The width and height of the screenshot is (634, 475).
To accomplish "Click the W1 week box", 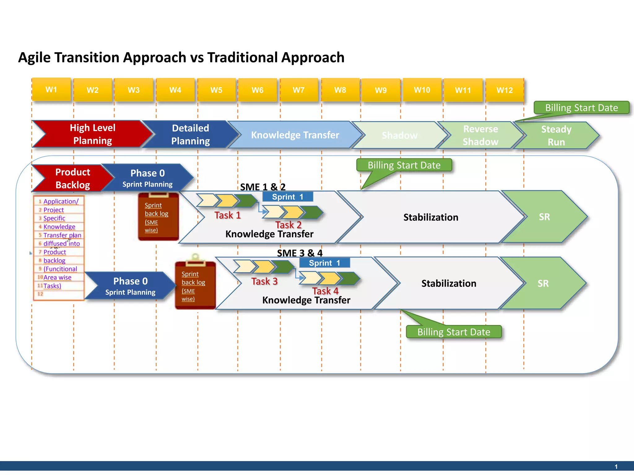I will (51, 90).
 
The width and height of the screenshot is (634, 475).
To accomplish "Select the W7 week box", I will (299, 90).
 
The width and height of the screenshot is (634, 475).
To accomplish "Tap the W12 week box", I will (505, 90).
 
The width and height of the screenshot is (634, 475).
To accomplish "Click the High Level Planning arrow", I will (92, 134).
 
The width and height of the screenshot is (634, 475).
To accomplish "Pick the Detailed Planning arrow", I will (190, 135).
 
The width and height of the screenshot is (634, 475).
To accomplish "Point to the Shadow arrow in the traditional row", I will (399, 135).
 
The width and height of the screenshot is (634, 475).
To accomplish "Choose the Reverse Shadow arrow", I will (480, 135).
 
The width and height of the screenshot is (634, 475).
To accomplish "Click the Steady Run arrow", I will (556, 135).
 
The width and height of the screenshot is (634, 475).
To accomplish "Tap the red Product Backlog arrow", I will (72, 178).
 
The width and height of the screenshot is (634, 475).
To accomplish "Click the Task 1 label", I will (228, 215).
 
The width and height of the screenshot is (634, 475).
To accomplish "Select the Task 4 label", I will (325, 291).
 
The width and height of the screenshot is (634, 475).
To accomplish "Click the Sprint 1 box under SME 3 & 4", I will (324, 263).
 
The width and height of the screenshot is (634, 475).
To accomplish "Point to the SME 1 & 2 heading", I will (263, 187).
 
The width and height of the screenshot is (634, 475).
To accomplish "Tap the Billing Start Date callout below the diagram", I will (454, 332).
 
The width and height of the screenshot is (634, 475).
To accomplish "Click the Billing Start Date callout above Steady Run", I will (581, 108).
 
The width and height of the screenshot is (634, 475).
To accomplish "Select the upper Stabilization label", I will (431, 217).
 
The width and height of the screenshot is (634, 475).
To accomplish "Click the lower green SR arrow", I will (543, 283).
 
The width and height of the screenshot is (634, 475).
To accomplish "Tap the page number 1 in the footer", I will (616, 467).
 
